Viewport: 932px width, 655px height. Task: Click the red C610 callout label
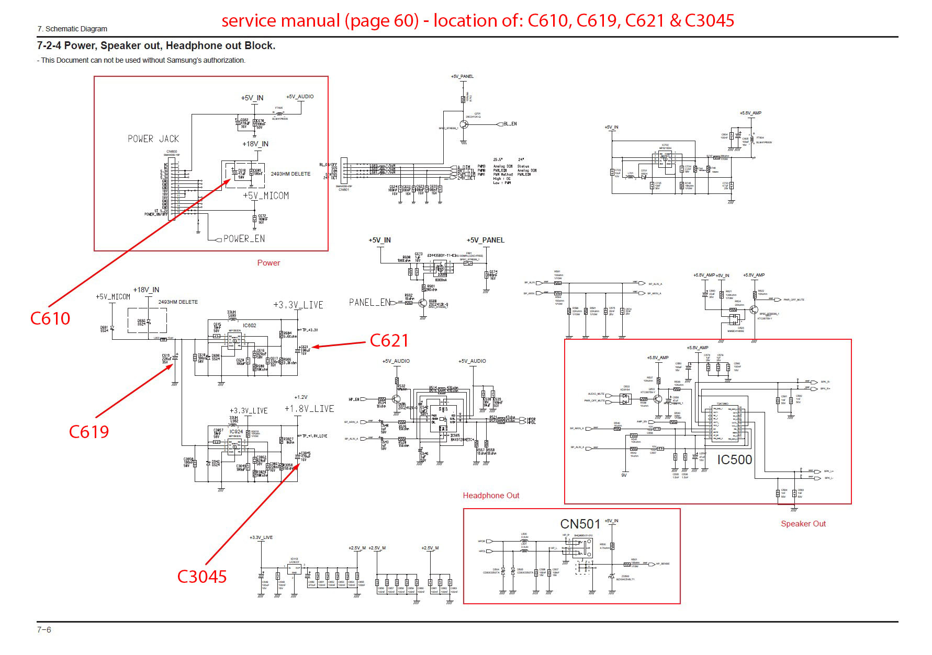[50, 318]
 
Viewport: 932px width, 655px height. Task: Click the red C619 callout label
[89, 432]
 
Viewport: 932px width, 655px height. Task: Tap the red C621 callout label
[389, 341]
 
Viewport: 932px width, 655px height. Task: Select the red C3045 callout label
[202, 577]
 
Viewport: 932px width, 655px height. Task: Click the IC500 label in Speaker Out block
[734, 460]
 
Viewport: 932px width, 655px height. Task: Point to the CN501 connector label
[580, 524]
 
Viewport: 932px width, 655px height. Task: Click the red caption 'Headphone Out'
[491, 496]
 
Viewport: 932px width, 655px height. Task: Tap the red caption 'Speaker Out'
[803, 524]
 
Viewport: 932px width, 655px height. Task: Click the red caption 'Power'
[268, 263]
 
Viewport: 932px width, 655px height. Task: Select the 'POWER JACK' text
[153, 139]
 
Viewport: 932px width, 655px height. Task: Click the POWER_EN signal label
[244, 239]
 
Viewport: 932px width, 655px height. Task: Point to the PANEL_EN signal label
[369, 303]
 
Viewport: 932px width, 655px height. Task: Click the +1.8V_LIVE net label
[309, 409]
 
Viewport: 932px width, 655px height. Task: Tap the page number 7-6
[44, 630]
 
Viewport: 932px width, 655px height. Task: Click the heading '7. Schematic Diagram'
[72, 29]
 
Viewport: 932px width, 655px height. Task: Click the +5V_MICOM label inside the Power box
[266, 196]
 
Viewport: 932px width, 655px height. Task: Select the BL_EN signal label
[510, 124]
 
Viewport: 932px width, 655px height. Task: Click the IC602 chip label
[250, 326]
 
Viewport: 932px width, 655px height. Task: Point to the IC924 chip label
[236, 432]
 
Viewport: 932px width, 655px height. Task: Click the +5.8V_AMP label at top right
[750, 113]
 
